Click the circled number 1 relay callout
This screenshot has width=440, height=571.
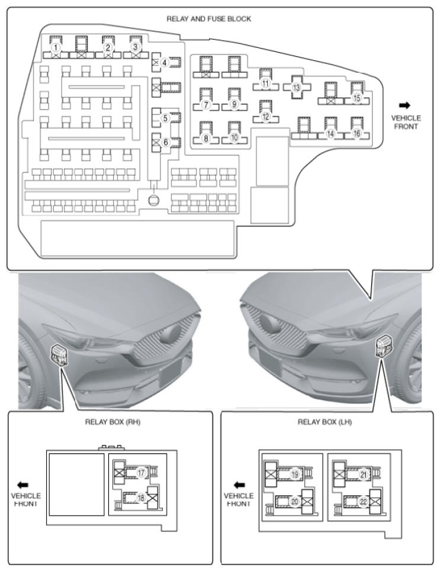(55, 47)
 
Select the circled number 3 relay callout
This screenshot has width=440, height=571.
(136, 46)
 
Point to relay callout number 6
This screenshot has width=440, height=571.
(166, 142)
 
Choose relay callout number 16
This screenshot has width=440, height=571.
(357, 134)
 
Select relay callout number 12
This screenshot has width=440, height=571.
(266, 117)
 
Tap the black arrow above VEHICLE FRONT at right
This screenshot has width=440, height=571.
(405, 105)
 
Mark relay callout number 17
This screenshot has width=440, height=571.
(141, 473)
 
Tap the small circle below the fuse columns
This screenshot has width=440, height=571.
(153, 200)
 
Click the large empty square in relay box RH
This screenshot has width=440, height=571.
(76, 484)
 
